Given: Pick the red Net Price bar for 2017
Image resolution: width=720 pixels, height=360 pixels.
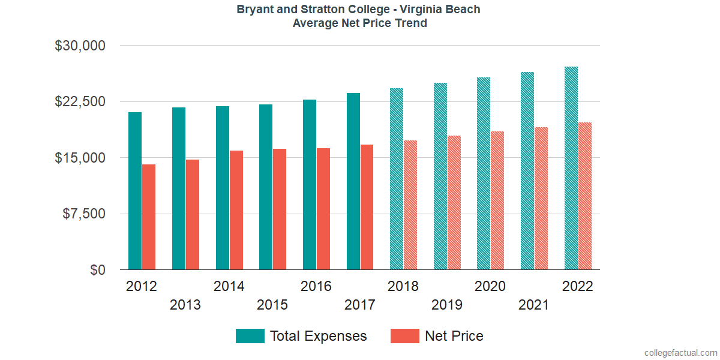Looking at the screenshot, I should click(367, 207).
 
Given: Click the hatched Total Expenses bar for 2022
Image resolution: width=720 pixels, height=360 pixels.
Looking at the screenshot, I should click(571, 168).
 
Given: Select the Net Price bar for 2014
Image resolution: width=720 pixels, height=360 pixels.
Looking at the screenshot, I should click(236, 210).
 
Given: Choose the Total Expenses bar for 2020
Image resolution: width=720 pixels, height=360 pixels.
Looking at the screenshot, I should click(484, 173).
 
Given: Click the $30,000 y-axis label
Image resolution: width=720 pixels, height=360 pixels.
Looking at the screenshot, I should click(80, 46).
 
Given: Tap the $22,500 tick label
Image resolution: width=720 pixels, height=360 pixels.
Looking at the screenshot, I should click(80, 101).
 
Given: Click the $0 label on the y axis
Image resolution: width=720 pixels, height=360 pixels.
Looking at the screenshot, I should click(98, 271).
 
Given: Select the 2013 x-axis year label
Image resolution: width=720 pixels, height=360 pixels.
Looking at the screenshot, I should click(185, 305).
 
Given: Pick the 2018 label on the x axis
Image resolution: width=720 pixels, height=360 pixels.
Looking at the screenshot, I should click(403, 286).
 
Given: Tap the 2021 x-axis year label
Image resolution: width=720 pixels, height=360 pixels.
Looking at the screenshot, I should click(534, 305).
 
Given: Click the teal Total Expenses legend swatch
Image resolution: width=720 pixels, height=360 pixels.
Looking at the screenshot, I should click(250, 336).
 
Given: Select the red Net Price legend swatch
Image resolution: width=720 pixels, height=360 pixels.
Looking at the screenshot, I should click(405, 336).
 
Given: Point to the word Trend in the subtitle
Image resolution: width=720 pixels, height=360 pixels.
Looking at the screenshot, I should click(411, 23).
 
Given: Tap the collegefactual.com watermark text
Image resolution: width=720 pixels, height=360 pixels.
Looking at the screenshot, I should click(680, 353).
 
